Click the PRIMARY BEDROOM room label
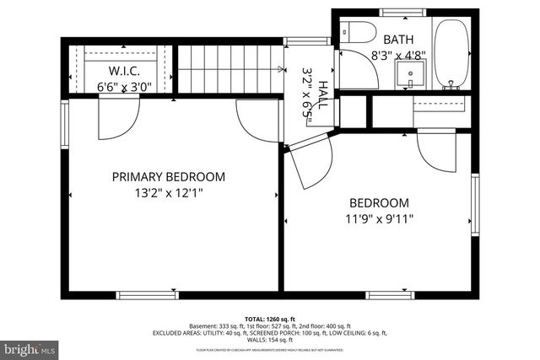click(x=169, y=177)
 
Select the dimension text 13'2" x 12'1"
click(x=169, y=193)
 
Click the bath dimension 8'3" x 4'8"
click(x=398, y=56)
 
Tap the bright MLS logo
click(x=30, y=347)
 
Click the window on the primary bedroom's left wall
click(x=63, y=125)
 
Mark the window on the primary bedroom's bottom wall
click(x=143, y=294)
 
